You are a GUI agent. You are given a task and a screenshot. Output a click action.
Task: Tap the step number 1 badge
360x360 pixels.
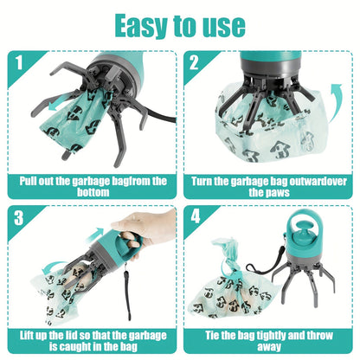[x=18, y=63]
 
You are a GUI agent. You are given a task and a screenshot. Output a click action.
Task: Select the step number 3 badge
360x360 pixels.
[x=18, y=218]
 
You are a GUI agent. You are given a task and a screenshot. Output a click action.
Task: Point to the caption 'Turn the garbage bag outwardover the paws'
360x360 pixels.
[x=269, y=187]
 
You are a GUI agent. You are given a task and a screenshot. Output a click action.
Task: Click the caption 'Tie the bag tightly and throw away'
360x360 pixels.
[x=269, y=339]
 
